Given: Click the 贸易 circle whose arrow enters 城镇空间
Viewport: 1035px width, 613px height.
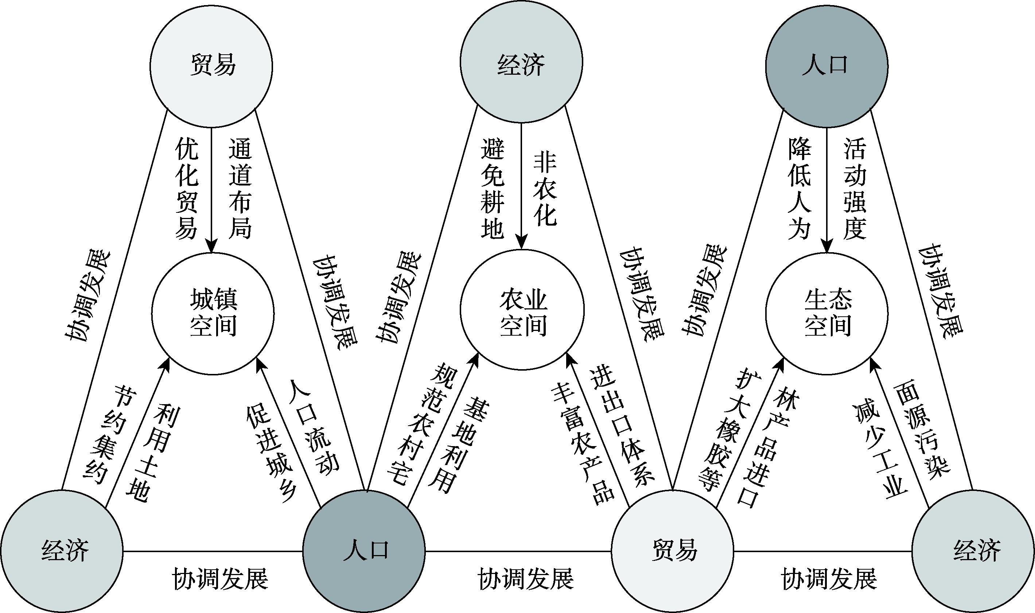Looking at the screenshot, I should click(x=211, y=66).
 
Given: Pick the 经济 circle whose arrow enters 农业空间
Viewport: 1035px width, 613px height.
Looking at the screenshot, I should click(x=521, y=62).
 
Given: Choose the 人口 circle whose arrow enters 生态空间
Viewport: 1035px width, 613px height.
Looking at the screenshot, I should click(x=827, y=66).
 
